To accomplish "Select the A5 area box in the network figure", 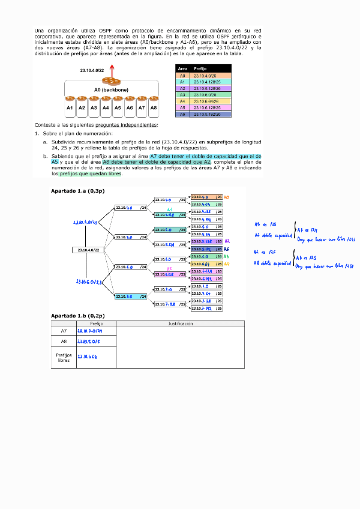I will [x=118, y=108].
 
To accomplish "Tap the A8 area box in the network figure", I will [x=154, y=108].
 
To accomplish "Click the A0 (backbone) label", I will [x=111, y=89].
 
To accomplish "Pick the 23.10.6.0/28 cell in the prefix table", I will [x=206, y=95].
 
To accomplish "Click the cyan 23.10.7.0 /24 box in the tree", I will [x=131, y=297].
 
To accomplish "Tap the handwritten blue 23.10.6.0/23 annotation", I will [x=89, y=281].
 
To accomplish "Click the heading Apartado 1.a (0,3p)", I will [x=78, y=190].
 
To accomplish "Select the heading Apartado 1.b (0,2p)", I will [x=78, y=316].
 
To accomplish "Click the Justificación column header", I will [x=180, y=324].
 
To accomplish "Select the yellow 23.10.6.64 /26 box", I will [x=206, y=264].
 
